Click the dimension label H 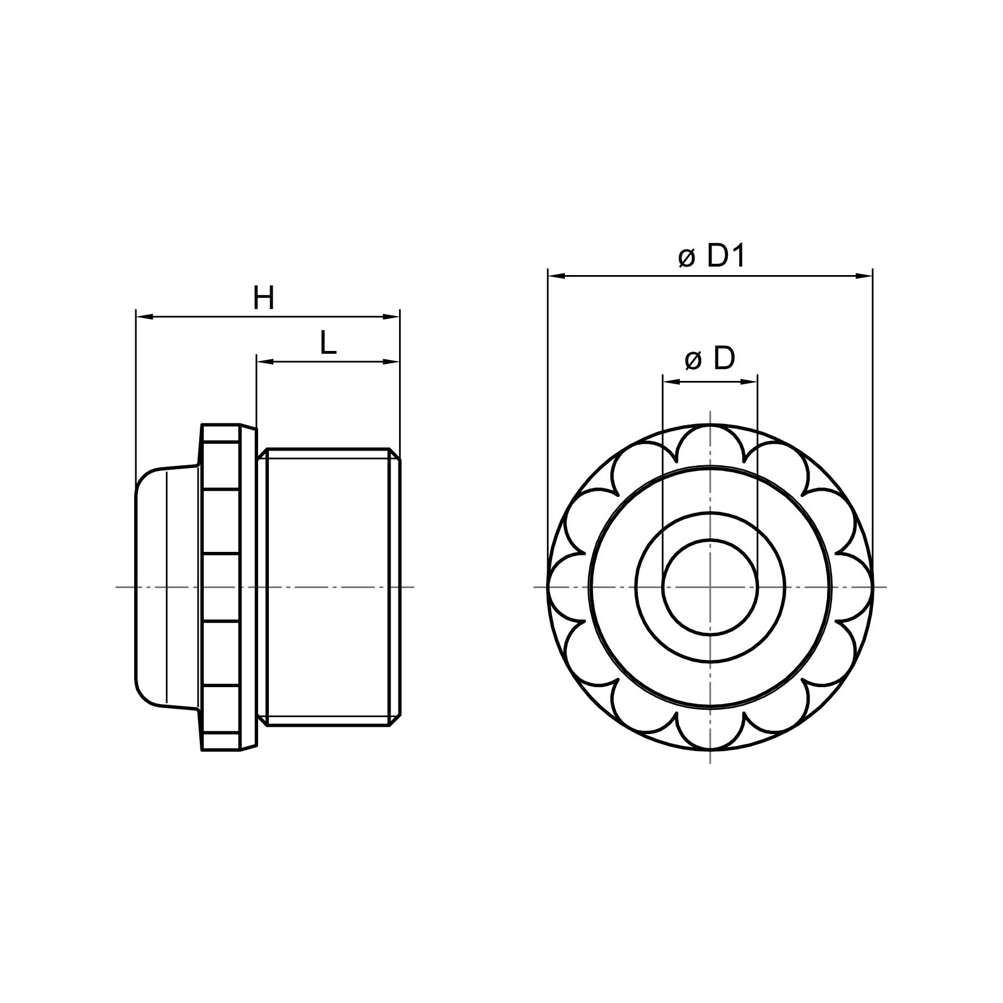[263, 298]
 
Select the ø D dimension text [710, 359]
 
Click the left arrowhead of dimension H [144, 316]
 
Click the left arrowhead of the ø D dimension [671, 382]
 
